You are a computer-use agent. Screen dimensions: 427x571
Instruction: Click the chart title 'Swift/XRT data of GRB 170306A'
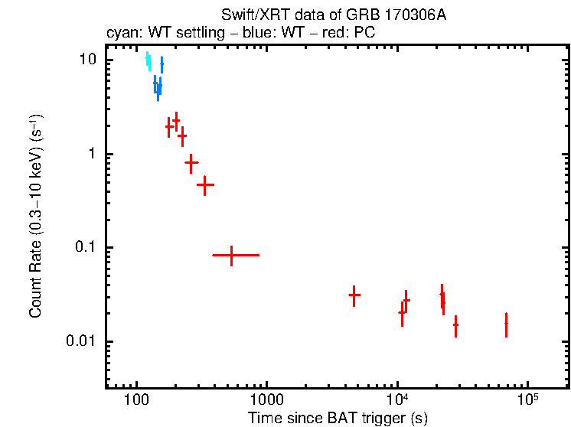[333, 15]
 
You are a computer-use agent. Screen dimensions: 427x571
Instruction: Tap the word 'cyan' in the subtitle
[119, 33]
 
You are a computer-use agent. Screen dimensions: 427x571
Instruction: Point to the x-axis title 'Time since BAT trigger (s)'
[338, 419]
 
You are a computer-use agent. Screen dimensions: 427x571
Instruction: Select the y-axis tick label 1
[92, 154]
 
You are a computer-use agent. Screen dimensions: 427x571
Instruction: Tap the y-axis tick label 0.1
[85, 248]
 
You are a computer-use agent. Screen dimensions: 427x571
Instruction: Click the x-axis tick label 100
[136, 401]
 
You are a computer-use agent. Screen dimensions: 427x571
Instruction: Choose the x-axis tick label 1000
[266, 401]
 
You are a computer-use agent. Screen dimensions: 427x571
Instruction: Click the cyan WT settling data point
[148, 60]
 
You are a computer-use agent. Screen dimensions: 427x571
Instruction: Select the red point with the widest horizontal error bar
[231, 255]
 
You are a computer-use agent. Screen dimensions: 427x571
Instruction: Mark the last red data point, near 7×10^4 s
[506, 324]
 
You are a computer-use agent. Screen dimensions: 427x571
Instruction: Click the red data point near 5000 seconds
[354, 295]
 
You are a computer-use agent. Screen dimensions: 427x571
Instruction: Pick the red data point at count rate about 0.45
[204, 184]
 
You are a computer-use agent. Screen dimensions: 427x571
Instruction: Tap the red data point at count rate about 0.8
[191, 162]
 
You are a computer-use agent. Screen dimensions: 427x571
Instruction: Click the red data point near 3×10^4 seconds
[455, 325]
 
